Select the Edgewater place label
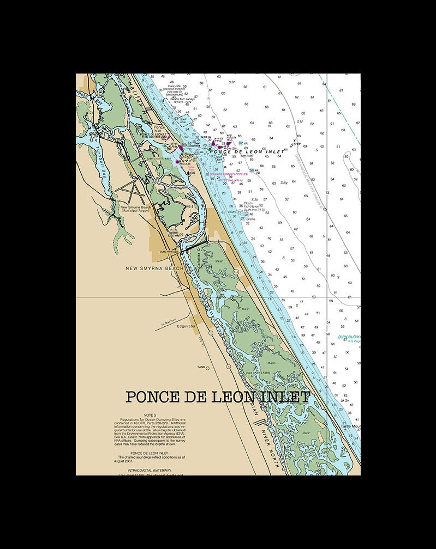click(186, 326)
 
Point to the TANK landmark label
click(201, 367)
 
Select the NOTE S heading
click(150, 414)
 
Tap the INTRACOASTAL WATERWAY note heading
click(150, 469)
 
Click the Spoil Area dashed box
click(183, 119)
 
